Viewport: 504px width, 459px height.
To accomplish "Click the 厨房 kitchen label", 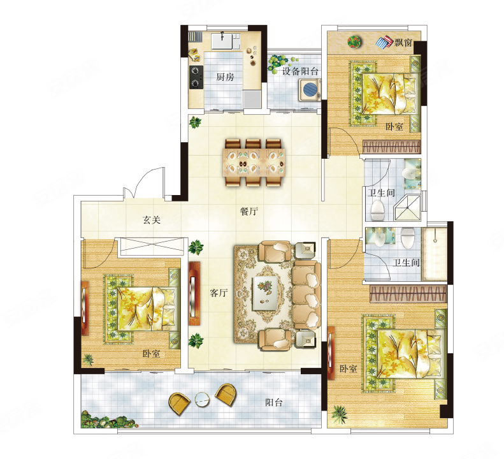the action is click(225, 77).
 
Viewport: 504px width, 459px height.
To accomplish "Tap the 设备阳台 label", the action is click(300, 71).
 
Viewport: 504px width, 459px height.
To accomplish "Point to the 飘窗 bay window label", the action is click(403, 42).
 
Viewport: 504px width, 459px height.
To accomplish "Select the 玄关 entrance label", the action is click(152, 220).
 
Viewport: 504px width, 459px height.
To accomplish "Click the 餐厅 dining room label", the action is click(248, 211).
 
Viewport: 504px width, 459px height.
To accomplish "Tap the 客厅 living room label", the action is click(219, 293).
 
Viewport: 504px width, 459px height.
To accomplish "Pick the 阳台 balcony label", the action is click(274, 402).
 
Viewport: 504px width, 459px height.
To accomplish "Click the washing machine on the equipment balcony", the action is click(310, 90).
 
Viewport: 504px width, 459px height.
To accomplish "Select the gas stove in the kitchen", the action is click(196, 78).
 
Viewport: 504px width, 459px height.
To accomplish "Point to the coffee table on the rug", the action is click(265, 293).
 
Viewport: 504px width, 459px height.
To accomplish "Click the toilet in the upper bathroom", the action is click(377, 210).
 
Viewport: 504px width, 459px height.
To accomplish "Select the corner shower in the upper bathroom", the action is click(408, 207).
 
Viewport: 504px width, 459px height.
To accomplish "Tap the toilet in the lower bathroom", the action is click(408, 238).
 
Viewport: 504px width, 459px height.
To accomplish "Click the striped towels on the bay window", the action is click(385, 42).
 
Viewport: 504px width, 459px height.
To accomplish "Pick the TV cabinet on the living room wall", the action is click(194, 293).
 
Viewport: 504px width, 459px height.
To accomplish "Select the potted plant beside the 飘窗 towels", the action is click(355, 42).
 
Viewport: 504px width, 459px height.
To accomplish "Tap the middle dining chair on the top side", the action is click(253, 144).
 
